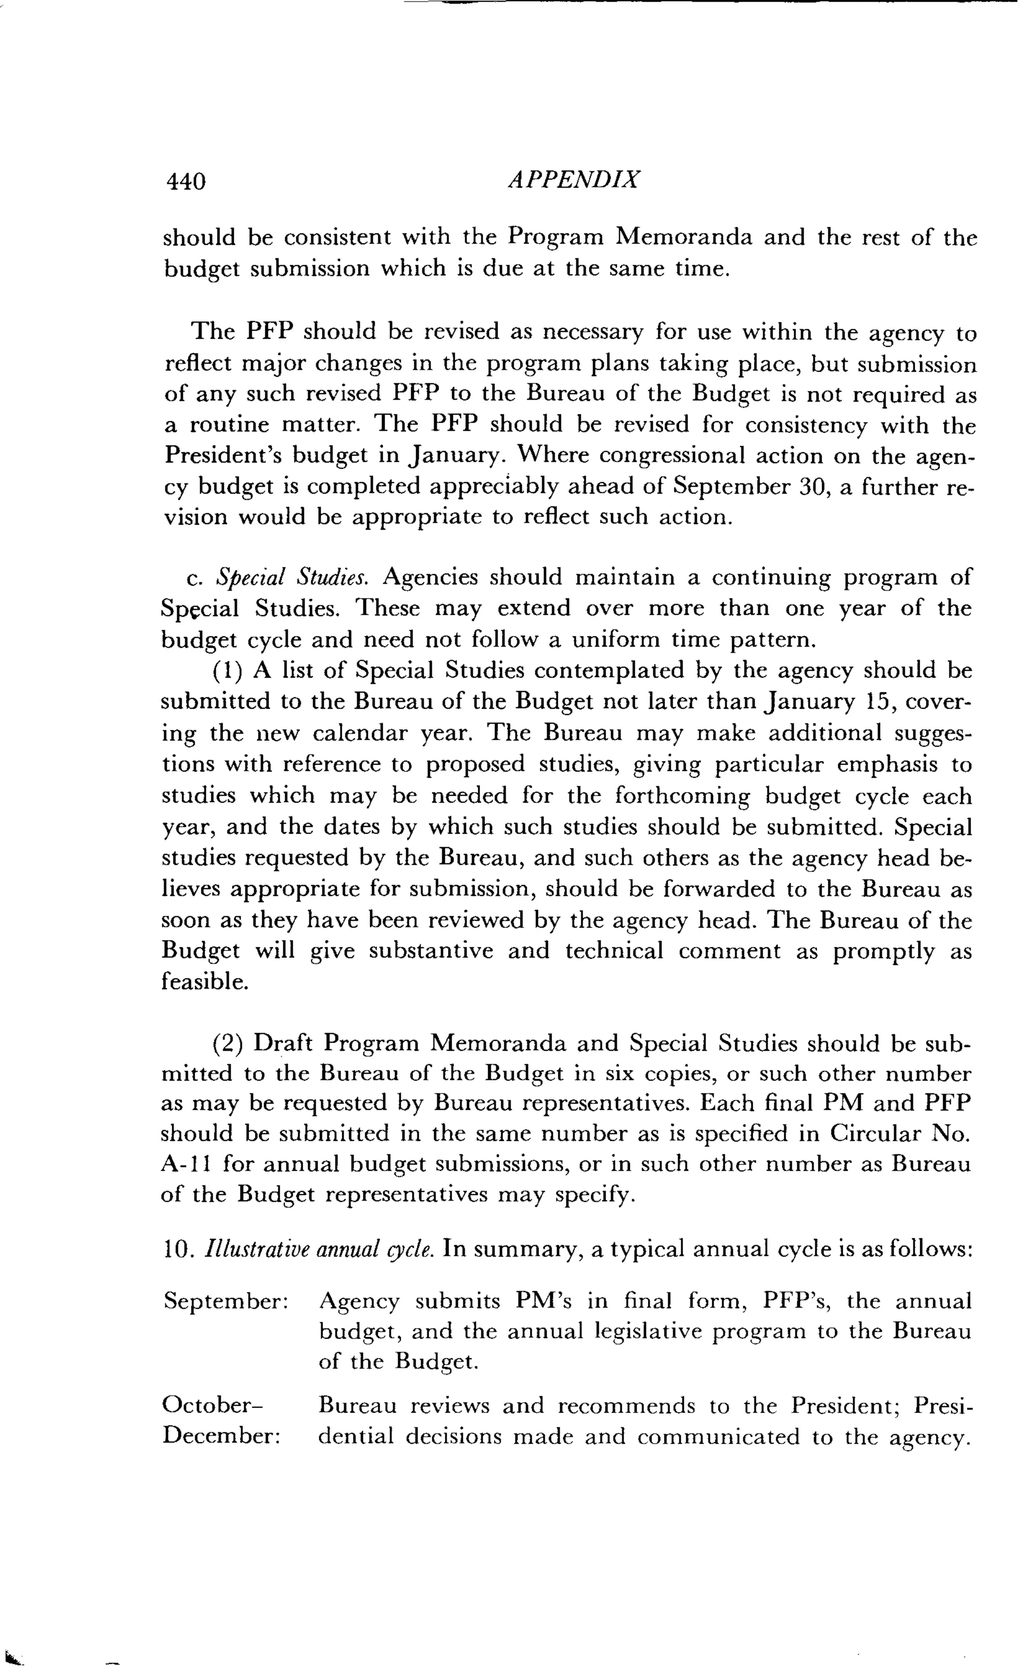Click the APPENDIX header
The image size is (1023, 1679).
point(573,180)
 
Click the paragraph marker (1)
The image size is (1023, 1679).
point(227,671)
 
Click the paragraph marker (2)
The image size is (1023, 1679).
point(227,1044)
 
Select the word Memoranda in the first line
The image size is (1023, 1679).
point(684,237)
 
